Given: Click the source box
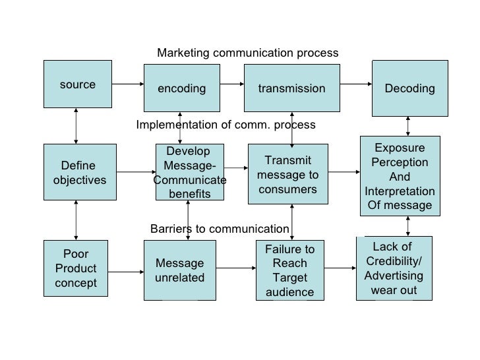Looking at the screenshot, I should tap(77, 84).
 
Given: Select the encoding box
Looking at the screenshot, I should tap(181, 88).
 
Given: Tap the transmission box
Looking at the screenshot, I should tap(291, 88).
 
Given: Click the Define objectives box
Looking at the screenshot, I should tap(77, 172).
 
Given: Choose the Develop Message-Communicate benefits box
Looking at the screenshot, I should tap(189, 172).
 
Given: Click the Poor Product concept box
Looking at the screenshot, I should tap(75, 269).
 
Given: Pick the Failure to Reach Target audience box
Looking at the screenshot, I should tap(289, 270).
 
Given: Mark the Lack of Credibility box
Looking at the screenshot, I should tap(394, 268).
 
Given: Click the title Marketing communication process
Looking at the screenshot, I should tap(247, 53).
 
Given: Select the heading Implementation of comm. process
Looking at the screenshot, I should tap(225, 125).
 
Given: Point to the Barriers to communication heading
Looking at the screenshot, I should tap(220, 229).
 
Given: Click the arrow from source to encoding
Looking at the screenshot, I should tap(128, 84).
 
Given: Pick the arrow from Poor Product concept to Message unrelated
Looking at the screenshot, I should tap(126, 268).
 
